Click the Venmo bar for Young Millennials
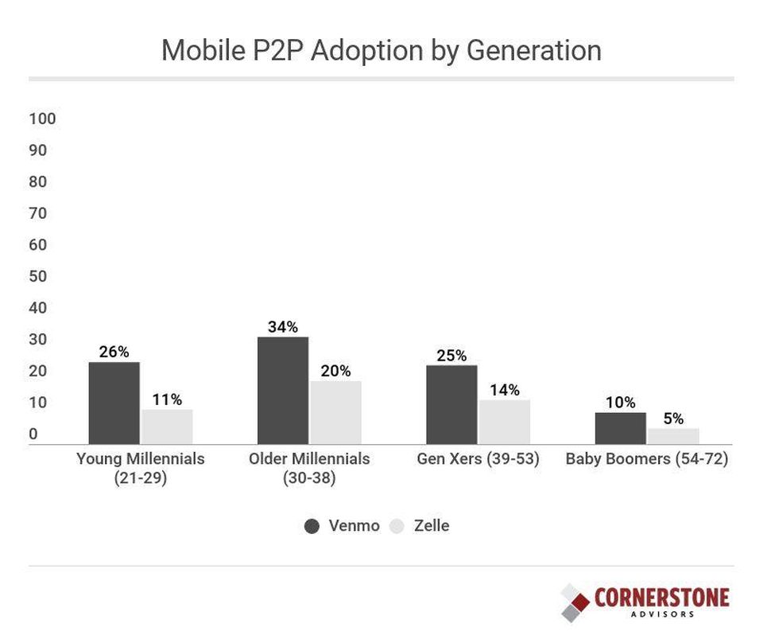[x=114, y=403]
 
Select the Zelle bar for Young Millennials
[x=167, y=427]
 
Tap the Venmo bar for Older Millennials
[x=283, y=390]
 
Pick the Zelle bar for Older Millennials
[x=335, y=412]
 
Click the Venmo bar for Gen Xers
[x=451, y=404]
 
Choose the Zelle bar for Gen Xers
[x=504, y=422]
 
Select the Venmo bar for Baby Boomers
[x=620, y=428]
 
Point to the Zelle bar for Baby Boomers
[x=673, y=436]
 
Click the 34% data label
[x=283, y=327]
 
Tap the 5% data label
[x=673, y=419]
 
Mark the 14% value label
[x=504, y=390]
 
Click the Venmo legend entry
[x=342, y=526]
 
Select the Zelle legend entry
[x=420, y=526]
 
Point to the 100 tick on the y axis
[x=43, y=119]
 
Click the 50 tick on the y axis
[x=38, y=277]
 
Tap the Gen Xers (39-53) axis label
[x=478, y=459]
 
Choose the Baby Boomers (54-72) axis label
[x=647, y=459]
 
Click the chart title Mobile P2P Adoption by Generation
[x=381, y=50]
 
